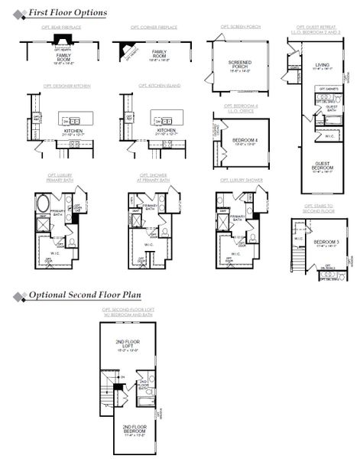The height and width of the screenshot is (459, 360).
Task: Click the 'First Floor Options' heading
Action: [x=67, y=13]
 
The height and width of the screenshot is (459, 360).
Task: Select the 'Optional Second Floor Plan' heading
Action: [x=84, y=295]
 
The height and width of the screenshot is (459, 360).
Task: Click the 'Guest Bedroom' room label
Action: [x=323, y=165]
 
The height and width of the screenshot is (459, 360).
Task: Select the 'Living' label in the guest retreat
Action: [x=322, y=65]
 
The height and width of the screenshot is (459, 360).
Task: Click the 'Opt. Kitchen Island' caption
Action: [x=159, y=86]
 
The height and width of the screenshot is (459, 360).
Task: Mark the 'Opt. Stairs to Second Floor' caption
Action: [x=319, y=207]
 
